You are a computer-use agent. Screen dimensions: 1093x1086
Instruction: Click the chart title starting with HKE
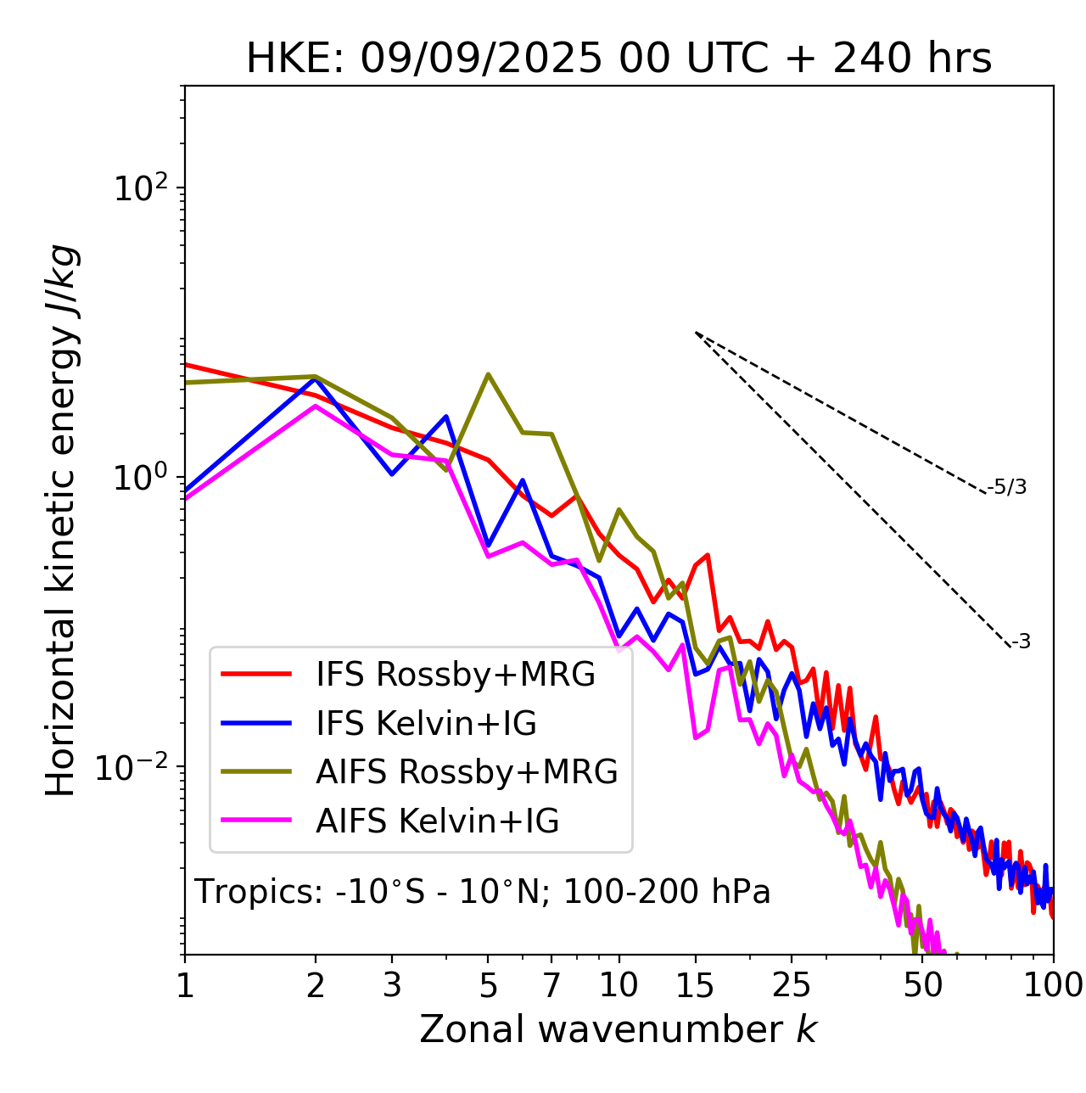(619, 59)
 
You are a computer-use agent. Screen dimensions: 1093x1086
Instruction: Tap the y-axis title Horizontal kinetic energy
(61, 520)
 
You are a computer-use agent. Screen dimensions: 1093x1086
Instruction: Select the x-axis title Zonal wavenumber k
(618, 1029)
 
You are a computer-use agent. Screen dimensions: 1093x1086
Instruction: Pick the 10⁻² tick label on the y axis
(136, 768)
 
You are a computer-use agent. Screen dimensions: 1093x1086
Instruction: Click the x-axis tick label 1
(185, 985)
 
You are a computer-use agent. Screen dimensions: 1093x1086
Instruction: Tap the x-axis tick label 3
(392, 985)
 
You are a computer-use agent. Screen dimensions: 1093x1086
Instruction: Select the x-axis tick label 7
(551, 985)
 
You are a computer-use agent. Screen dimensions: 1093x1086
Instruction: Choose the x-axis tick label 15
(695, 985)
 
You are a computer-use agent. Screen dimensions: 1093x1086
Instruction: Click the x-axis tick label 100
(1053, 985)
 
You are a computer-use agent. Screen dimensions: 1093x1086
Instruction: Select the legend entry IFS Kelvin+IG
(426, 724)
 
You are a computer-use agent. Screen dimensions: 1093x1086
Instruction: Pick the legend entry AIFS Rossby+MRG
(467, 772)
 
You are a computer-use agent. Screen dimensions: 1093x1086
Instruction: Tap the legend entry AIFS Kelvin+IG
(437, 821)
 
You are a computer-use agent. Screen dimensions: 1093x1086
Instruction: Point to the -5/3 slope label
(1007, 487)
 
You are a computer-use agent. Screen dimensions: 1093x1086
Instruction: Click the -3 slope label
(1021, 642)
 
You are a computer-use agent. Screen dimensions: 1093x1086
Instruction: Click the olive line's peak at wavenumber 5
(488, 374)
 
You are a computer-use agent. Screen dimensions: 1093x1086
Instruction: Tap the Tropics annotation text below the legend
(482, 893)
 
